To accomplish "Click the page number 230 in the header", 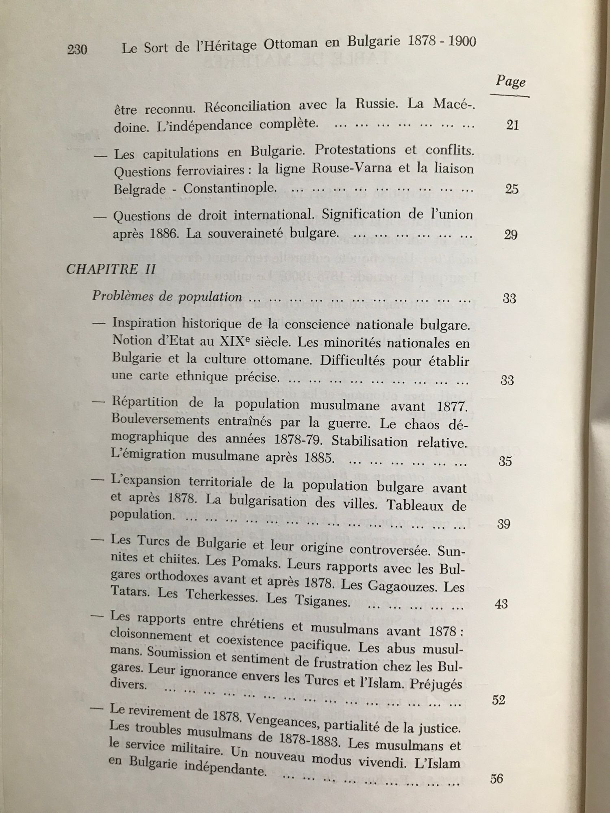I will pyautogui.click(x=77, y=50).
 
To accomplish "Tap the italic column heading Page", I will pyautogui.click(x=510, y=81).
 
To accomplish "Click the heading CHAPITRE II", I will pyautogui.click(x=111, y=270).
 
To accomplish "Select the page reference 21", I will pyautogui.click(x=512, y=125).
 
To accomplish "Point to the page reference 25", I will pyautogui.click(x=512, y=189).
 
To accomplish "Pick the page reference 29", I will pyautogui.click(x=510, y=235).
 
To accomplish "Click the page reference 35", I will pyautogui.click(x=505, y=461).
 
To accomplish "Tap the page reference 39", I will pyautogui.click(x=503, y=524).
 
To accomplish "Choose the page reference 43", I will pyautogui.click(x=501, y=604).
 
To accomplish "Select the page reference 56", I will pyautogui.click(x=497, y=779).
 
